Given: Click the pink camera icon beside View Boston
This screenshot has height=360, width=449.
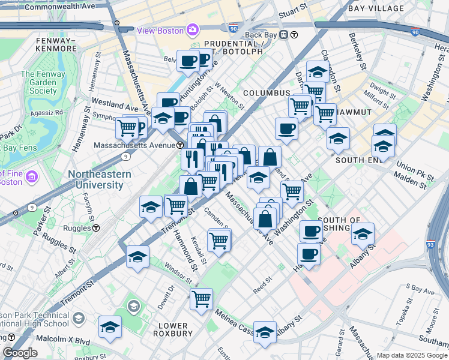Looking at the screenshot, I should (x=192, y=29).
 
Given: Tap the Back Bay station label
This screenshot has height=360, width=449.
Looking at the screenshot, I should (x=262, y=35).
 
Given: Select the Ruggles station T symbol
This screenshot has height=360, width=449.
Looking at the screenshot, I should (x=96, y=228).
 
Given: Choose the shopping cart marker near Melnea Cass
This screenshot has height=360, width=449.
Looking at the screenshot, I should (x=201, y=298).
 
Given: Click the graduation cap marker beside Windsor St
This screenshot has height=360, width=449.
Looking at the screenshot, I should (x=137, y=257).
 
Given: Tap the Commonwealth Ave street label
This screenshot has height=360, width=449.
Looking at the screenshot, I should (x=62, y=6).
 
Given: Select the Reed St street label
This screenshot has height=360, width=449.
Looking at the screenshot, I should (x=262, y=281).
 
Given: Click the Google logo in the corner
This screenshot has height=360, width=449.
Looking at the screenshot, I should (x=20, y=353).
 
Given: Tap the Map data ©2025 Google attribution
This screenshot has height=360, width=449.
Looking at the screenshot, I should (x=411, y=355).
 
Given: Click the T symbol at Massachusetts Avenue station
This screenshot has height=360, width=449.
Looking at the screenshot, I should (x=179, y=146).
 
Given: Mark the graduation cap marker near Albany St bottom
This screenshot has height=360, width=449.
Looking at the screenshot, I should (x=265, y=332).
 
